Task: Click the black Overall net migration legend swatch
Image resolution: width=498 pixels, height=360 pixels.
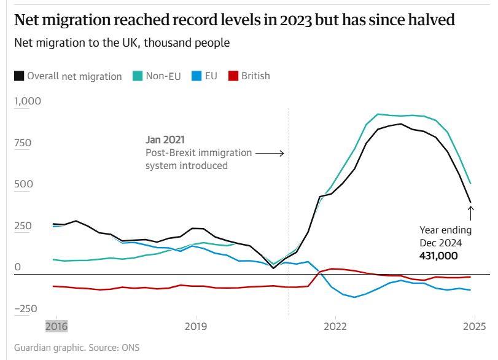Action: (19, 76)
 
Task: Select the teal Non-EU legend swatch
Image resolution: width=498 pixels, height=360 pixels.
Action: (137, 76)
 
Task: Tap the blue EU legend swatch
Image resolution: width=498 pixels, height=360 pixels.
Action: (196, 76)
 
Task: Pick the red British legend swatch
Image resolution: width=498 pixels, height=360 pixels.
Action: (233, 76)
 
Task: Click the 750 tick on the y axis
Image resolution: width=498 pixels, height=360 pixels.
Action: (23, 143)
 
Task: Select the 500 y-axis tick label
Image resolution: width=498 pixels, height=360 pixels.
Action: (23, 184)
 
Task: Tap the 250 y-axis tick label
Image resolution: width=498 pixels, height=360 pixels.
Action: (23, 225)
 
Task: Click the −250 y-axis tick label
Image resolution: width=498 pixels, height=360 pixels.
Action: (25, 308)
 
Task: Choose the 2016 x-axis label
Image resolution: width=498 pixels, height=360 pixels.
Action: (56, 326)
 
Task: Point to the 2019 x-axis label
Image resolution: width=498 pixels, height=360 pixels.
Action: (195, 326)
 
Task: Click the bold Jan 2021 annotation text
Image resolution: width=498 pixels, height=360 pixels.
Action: (165, 140)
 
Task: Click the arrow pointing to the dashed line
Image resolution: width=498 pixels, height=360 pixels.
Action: (270, 153)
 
